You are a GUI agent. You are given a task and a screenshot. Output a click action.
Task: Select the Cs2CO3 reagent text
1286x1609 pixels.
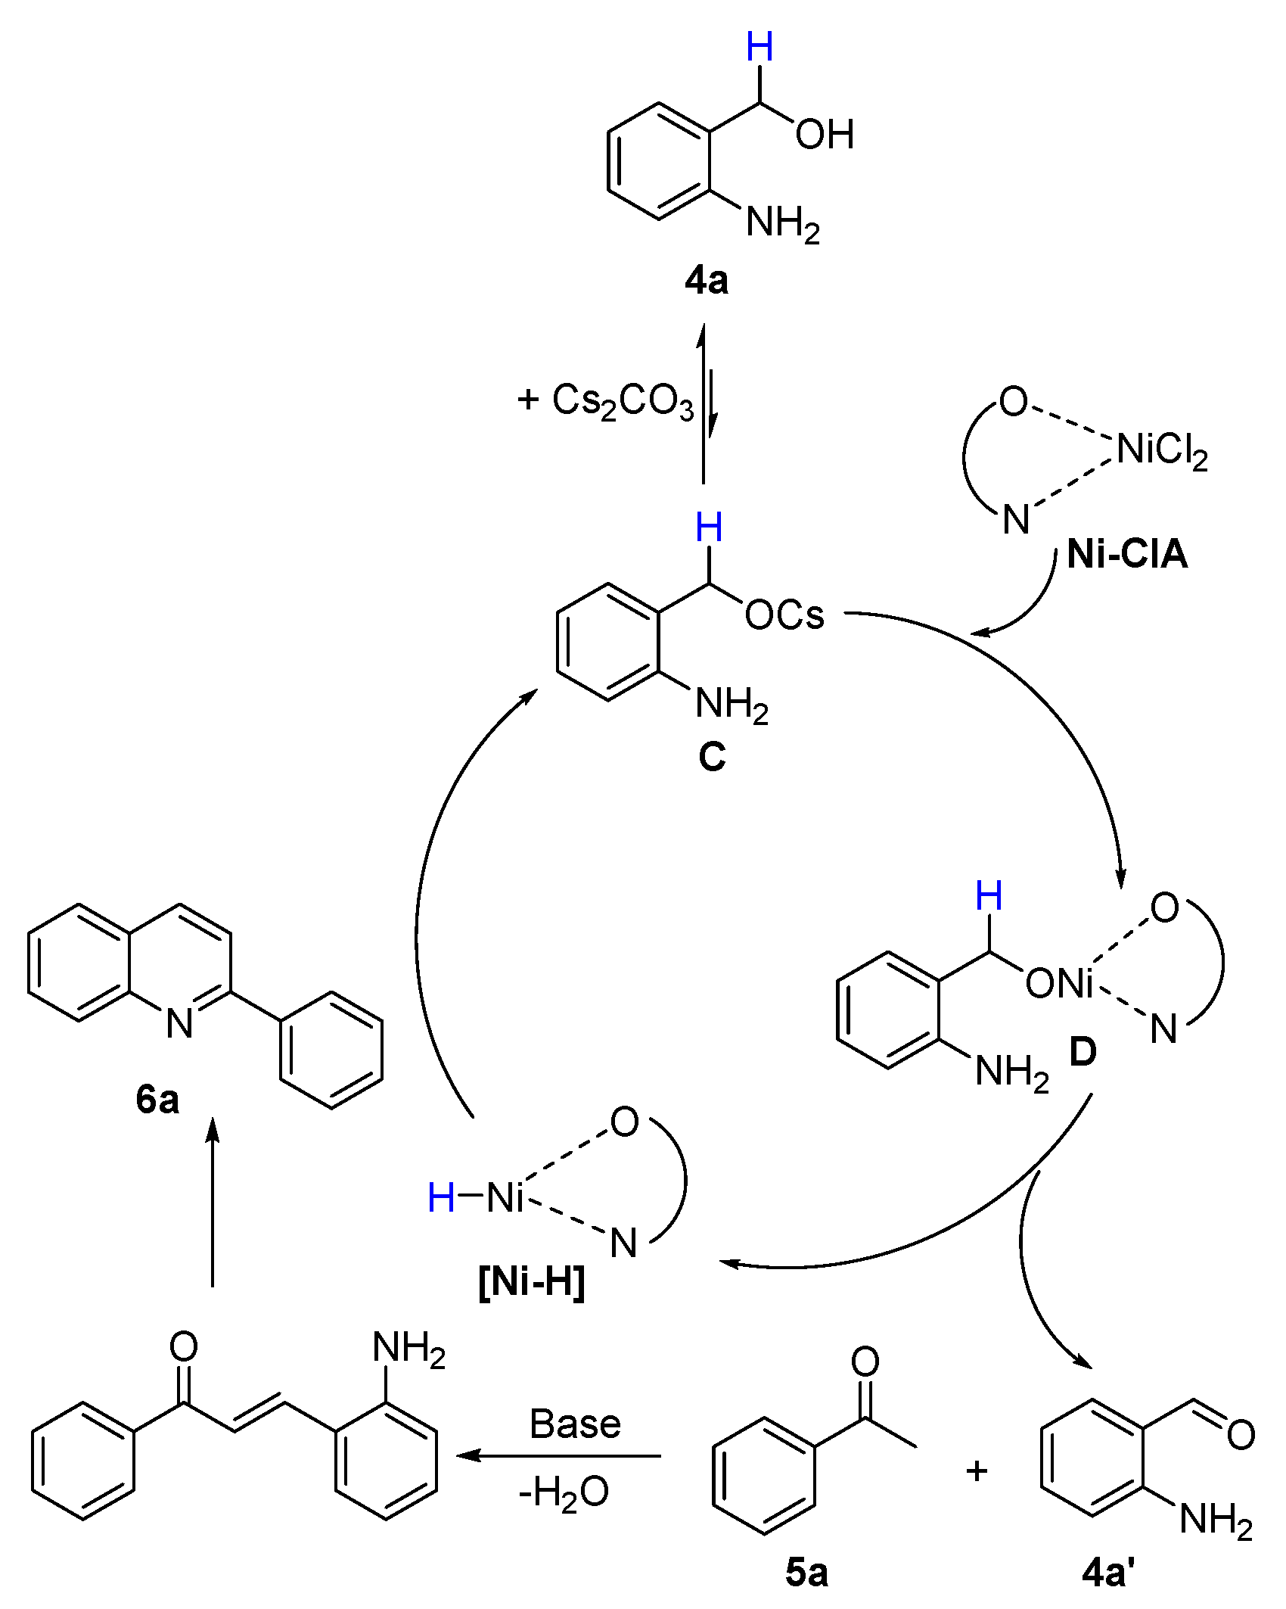[622, 401]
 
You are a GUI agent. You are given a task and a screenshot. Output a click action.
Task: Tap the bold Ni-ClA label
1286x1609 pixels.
[1127, 555]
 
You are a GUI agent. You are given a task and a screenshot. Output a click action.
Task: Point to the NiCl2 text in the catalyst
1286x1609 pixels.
[1162, 450]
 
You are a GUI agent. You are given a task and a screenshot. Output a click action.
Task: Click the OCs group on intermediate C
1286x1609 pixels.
[784, 615]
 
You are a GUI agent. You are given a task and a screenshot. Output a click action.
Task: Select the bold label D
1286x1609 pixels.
[1083, 1052]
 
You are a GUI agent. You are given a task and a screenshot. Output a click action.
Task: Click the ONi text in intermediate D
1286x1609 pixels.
[1059, 984]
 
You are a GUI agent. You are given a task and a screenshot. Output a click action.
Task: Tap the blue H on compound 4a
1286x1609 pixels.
[759, 48]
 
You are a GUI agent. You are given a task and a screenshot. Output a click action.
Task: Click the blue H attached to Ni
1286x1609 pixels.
[441, 1198]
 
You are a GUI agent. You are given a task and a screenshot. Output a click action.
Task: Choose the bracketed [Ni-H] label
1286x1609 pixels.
[532, 1282]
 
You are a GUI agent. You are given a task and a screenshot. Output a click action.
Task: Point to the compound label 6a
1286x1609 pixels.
[157, 1099]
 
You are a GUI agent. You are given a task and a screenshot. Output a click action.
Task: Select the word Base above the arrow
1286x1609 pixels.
[575, 1424]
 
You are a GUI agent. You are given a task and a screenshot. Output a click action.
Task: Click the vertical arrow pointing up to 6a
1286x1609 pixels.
[213, 1203]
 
